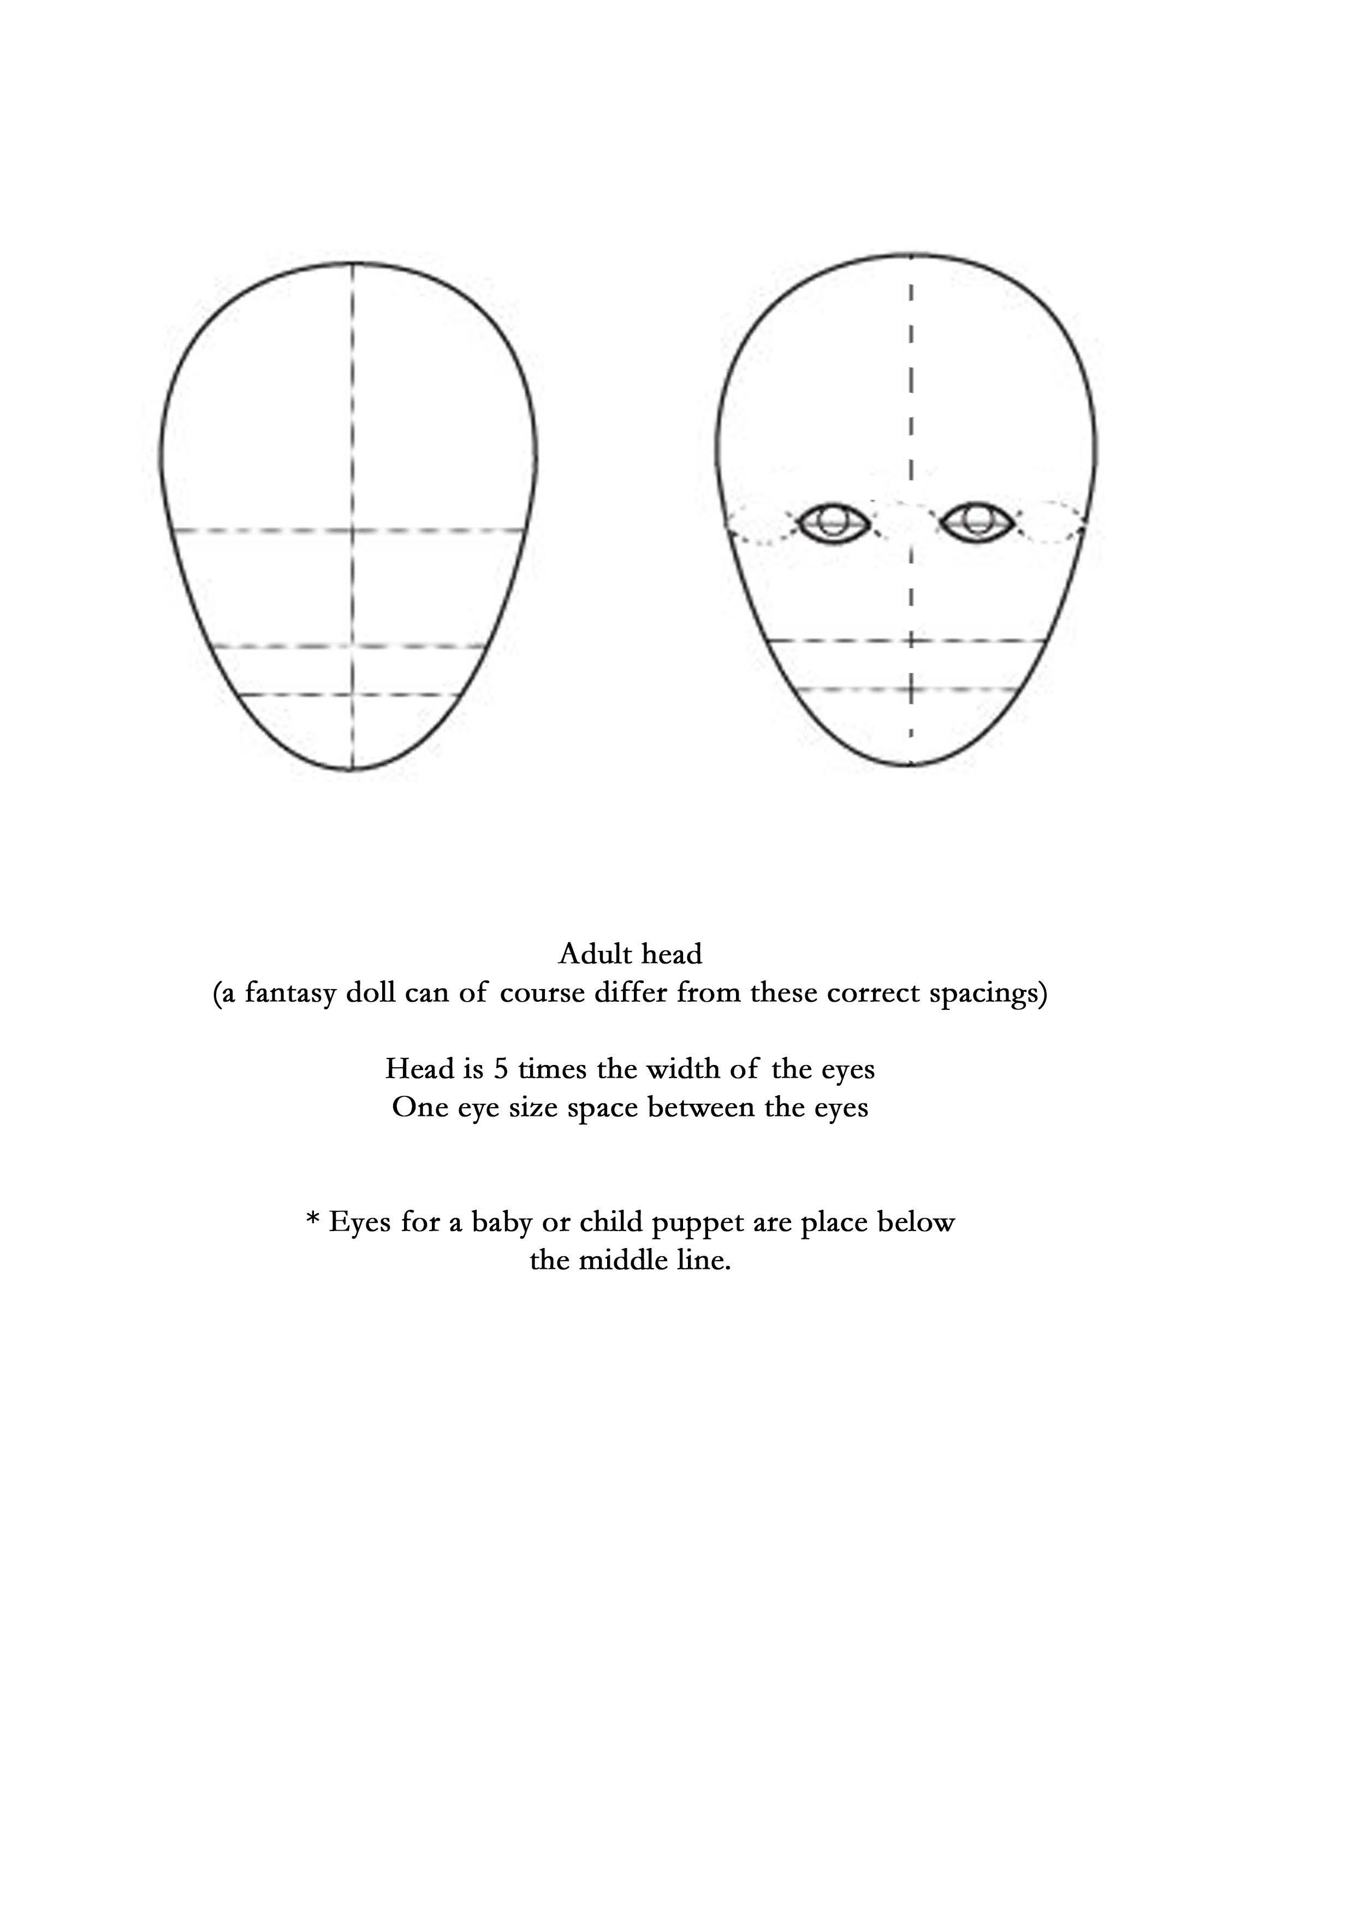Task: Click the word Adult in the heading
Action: point(588,954)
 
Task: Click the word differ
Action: point(631,994)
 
